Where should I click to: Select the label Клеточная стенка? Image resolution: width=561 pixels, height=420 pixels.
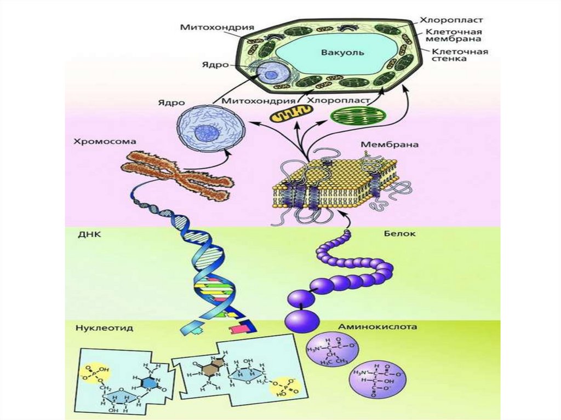pyautogui.click(x=460, y=55)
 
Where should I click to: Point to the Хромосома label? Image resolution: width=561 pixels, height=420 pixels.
pyautogui.click(x=104, y=142)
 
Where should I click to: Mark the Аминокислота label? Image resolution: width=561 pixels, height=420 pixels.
pyautogui.click(x=377, y=327)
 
